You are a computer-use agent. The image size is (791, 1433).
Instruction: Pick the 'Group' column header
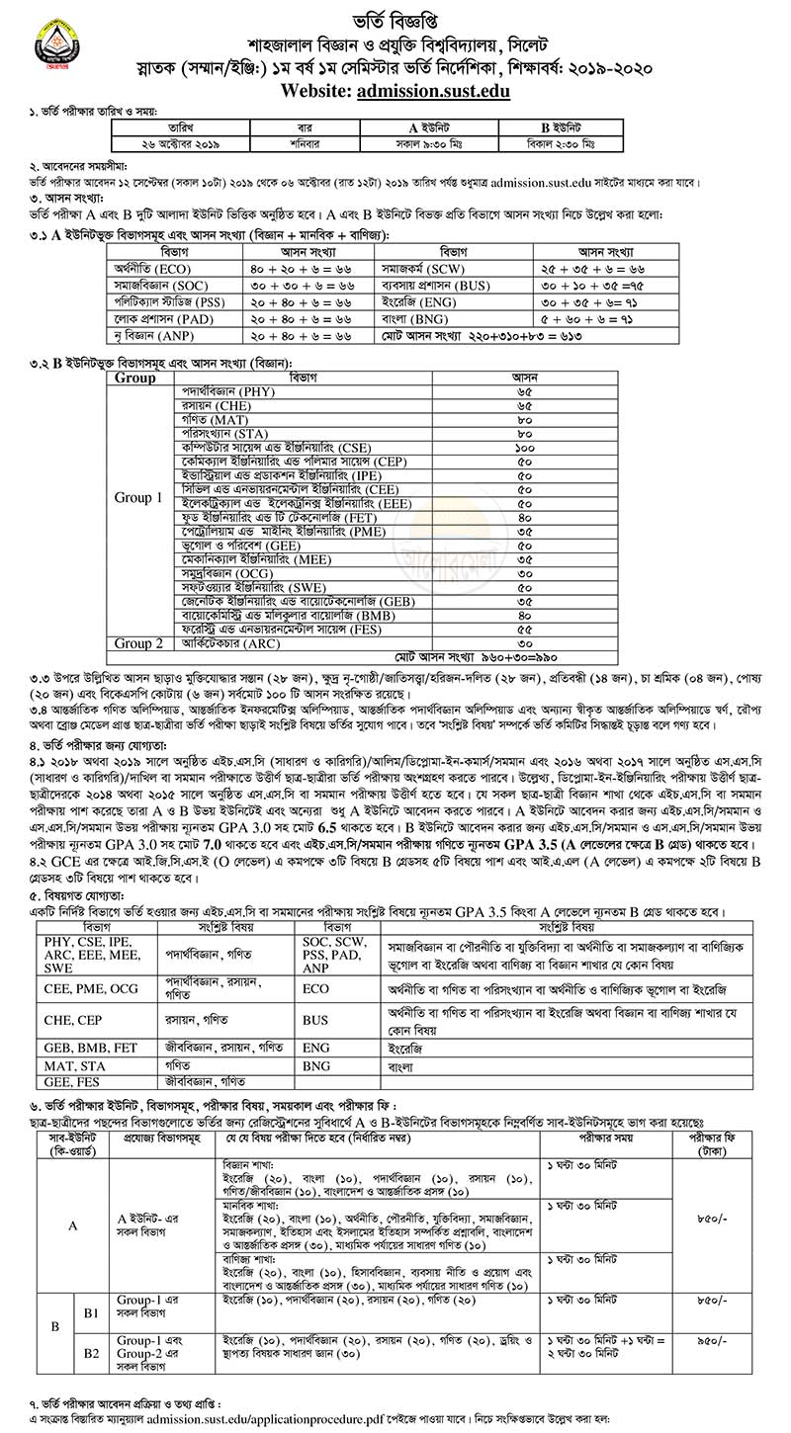[134, 378]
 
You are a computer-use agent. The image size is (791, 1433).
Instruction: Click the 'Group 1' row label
[137, 497]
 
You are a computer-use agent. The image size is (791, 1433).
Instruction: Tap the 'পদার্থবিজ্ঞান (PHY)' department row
[228, 391]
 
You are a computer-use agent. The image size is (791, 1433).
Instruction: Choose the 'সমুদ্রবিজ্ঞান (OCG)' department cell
[227, 573]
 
